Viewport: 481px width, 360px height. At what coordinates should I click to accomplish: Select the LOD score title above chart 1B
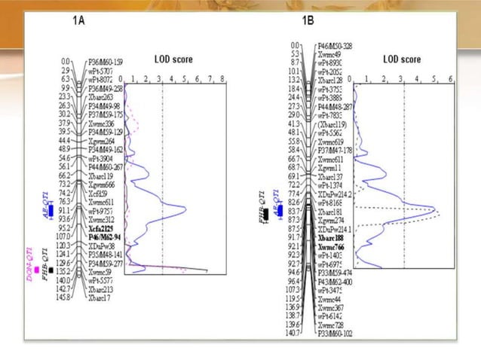tap(401, 59)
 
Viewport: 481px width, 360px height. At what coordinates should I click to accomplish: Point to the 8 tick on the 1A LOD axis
tap(222, 78)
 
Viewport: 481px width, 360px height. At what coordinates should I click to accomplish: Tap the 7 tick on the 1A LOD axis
tap(209, 78)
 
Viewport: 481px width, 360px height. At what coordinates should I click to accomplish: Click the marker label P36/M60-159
tap(106, 62)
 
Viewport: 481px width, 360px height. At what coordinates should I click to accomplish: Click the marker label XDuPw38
tap(102, 246)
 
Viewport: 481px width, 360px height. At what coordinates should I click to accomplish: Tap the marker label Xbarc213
tap(103, 288)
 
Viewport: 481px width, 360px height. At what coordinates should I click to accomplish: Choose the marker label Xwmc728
tap(332, 323)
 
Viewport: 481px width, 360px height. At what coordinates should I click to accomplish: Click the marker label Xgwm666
tap(101, 185)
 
